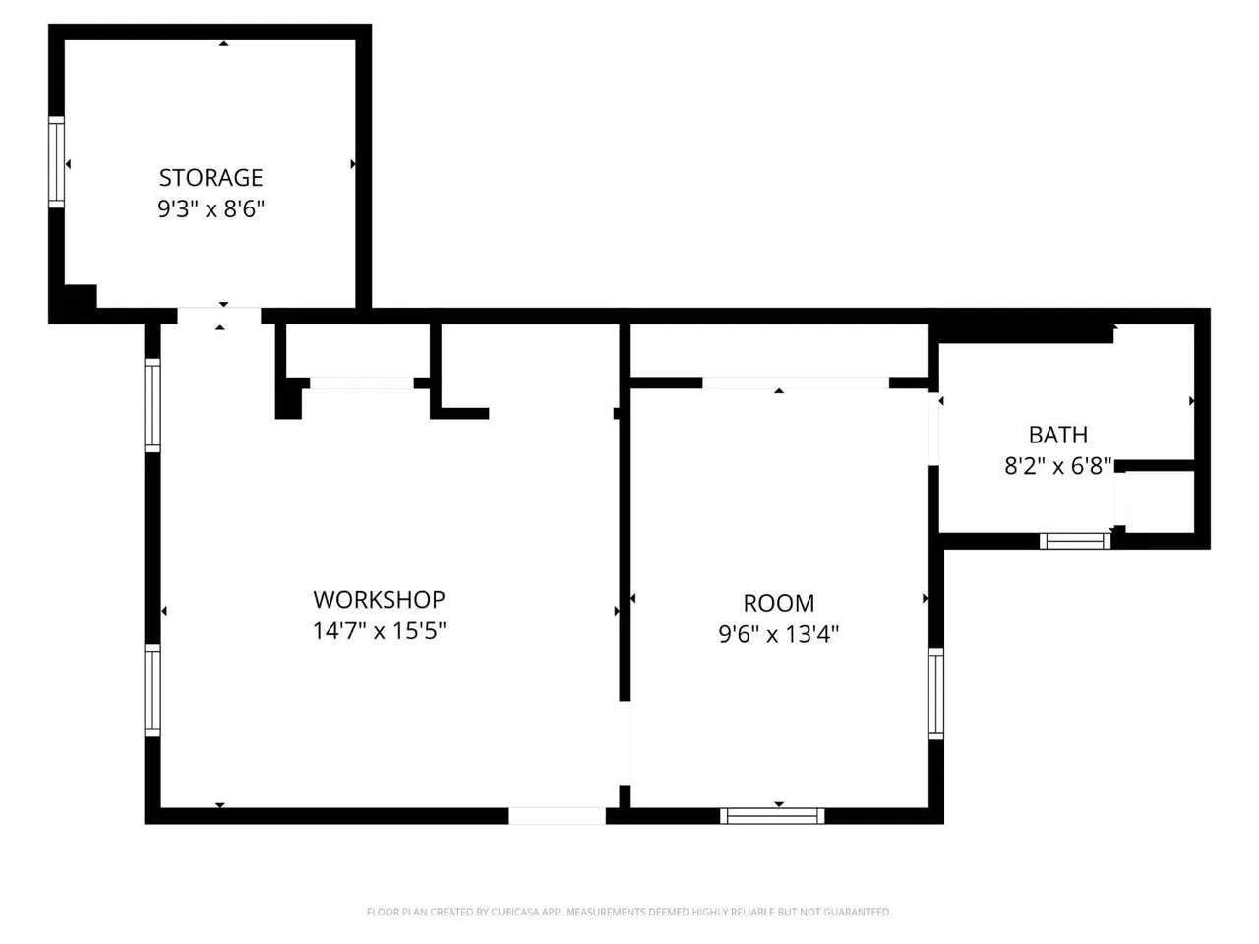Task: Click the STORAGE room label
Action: pos(210,178)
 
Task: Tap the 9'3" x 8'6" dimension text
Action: pos(210,208)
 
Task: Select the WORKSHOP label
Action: pos(379,600)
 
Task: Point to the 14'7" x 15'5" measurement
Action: pos(379,631)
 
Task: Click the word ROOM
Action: pos(778,603)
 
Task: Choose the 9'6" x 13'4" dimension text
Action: pos(778,634)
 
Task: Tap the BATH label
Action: pos(1057,435)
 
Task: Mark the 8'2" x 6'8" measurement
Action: pos(1057,466)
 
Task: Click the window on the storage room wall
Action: pos(56,162)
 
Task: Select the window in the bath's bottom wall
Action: pos(1075,541)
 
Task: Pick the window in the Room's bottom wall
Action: pos(772,815)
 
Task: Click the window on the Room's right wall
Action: pos(935,693)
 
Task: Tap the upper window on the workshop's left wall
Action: pos(152,405)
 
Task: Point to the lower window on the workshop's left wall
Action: pos(152,690)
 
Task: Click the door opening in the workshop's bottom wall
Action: pos(557,815)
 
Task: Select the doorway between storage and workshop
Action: pos(219,316)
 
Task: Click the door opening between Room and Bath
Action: pos(933,429)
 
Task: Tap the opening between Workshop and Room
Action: pos(625,742)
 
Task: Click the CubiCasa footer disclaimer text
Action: pos(629,912)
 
